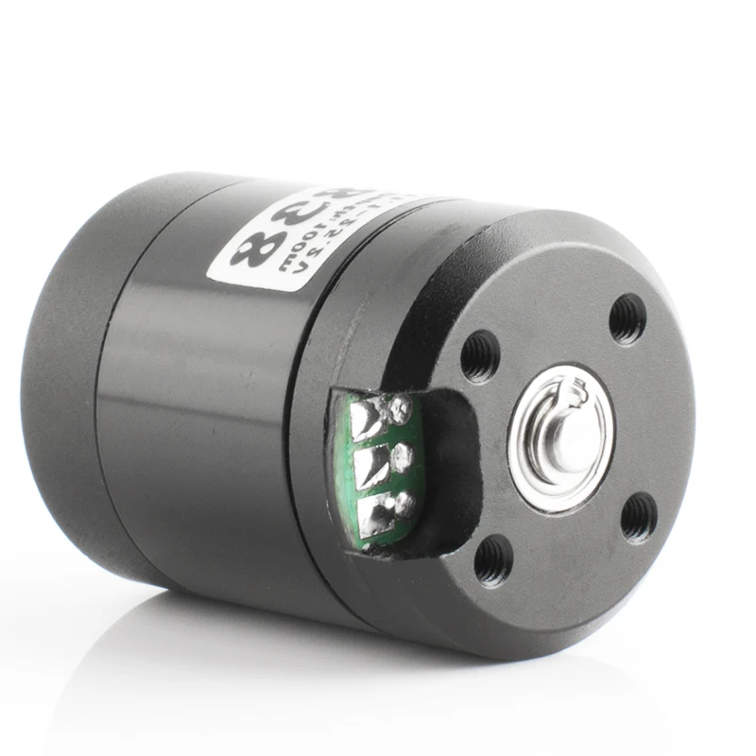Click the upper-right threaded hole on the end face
click(627, 319)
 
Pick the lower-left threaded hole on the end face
click(493, 560)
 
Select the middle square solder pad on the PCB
click(371, 465)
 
